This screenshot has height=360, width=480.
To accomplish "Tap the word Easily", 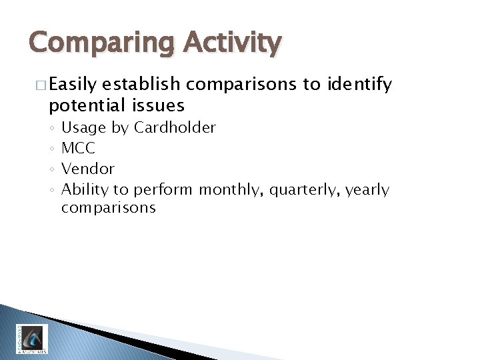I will point(74,85).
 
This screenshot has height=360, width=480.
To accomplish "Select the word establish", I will point(142,85).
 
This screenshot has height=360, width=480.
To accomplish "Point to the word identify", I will point(357,85).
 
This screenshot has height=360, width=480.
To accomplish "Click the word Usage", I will point(85,127).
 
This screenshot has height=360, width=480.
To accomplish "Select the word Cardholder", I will point(175,127).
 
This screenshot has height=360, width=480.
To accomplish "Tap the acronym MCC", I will point(78,148).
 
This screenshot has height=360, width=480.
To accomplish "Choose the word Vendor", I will point(88,169).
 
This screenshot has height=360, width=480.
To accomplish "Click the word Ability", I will point(85,190).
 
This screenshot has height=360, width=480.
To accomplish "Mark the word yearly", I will point(367,190).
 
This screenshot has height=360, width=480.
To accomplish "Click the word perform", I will point(164,190).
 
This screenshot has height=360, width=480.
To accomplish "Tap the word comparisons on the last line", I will point(108,208).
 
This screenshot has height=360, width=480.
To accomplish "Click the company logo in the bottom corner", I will point(31,339).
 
